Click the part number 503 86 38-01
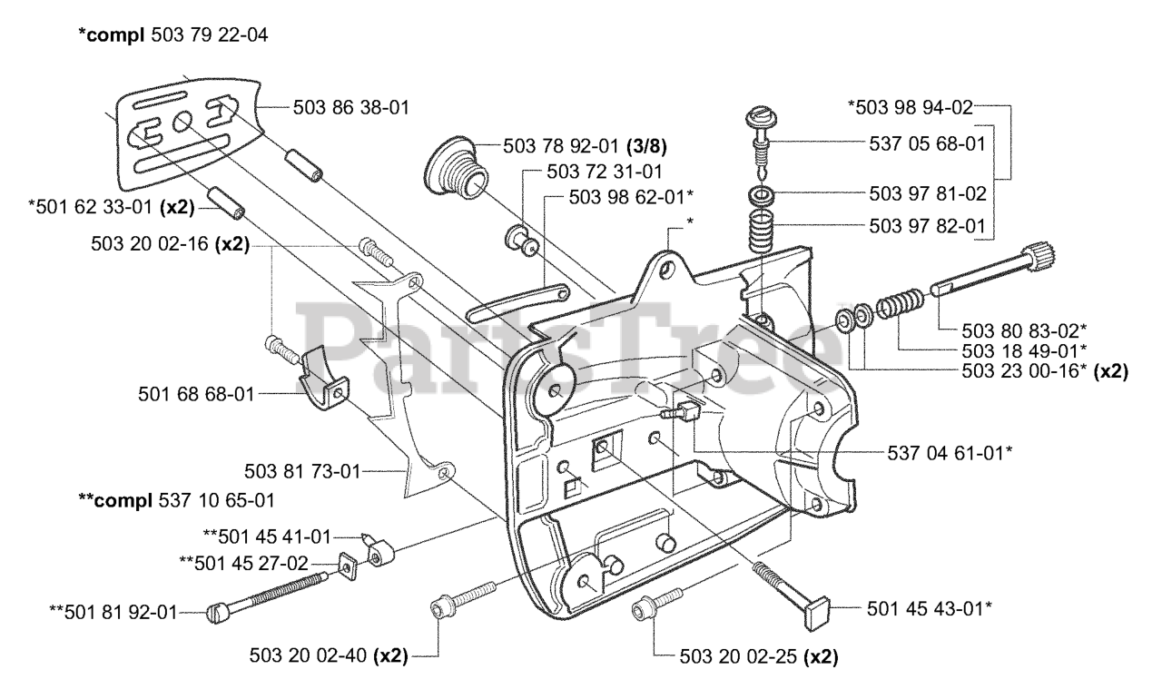click(x=351, y=108)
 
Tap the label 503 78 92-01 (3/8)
click(x=586, y=147)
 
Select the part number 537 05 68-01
click(x=927, y=143)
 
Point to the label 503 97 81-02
click(x=928, y=193)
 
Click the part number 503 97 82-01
click(x=927, y=226)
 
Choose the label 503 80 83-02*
click(x=1024, y=330)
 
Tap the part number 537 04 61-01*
click(x=950, y=453)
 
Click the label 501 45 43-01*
click(x=929, y=609)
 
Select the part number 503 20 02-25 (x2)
click(x=759, y=657)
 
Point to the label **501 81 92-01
click(x=113, y=612)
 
